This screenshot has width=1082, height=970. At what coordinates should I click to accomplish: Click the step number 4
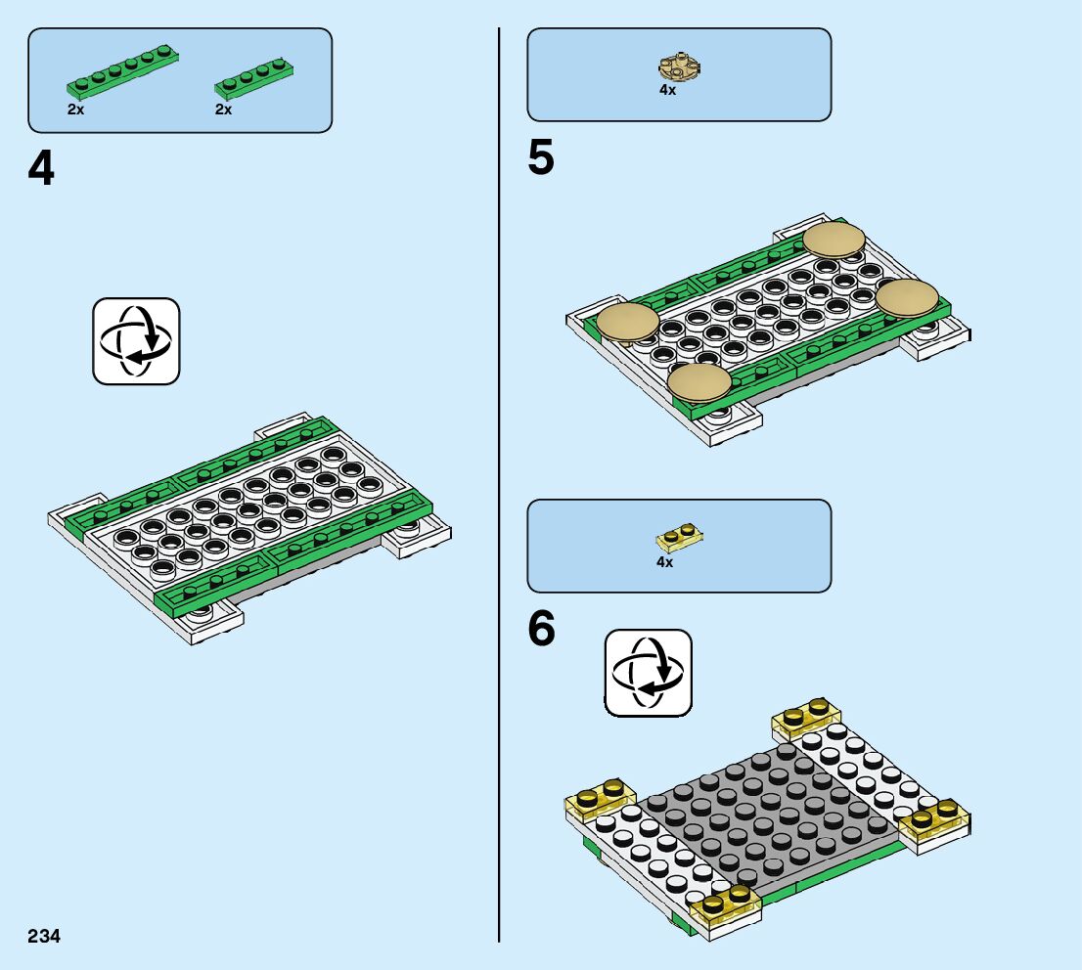[x=41, y=169]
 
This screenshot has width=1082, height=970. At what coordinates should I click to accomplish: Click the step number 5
[x=540, y=159]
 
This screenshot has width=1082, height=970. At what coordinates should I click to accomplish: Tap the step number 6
[x=541, y=630]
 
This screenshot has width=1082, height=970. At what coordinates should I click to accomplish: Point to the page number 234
[x=44, y=936]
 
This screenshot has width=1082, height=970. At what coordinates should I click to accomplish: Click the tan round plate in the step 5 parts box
[x=678, y=67]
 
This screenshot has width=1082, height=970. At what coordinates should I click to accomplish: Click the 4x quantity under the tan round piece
[x=667, y=90]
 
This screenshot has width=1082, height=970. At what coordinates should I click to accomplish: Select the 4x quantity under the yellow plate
[x=664, y=562]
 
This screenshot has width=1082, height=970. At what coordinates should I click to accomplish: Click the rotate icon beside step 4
[x=136, y=340]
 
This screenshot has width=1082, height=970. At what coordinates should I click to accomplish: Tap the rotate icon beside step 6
[x=648, y=672]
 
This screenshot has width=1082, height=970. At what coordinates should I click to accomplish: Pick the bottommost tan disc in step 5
[x=699, y=382]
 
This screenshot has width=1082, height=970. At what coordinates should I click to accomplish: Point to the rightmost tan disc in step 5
[x=907, y=297]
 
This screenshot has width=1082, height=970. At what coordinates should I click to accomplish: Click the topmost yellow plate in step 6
[x=806, y=721]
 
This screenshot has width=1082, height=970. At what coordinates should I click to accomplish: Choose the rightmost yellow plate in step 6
[x=935, y=822]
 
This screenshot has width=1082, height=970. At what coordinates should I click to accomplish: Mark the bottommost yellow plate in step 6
[x=726, y=906]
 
